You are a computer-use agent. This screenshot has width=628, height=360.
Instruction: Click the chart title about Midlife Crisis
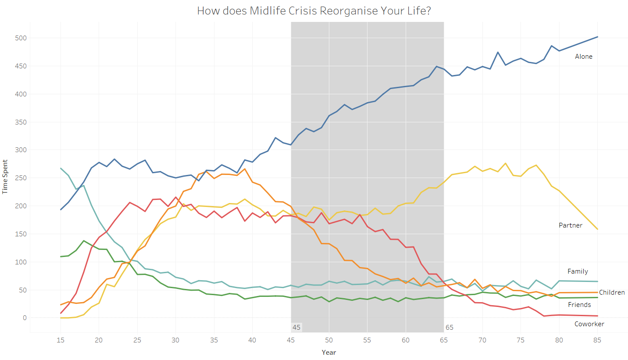click(314, 11)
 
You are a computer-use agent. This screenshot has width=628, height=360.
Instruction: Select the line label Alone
click(583, 57)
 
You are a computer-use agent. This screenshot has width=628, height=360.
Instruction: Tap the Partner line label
click(570, 225)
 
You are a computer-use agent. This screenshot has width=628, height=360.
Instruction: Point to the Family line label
click(578, 271)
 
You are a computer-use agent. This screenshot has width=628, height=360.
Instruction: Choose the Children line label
click(611, 292)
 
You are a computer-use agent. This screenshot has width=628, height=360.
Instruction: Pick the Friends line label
click(579, 305)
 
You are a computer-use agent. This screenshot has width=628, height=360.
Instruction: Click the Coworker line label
click(589, 324)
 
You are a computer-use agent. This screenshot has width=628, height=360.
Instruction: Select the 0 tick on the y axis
click(25, 318)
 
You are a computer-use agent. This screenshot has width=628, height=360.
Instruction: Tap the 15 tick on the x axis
click(61, 340)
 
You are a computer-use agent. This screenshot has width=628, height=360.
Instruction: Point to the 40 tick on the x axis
click(252, 340)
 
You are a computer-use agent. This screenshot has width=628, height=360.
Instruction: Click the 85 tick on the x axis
click(597, 340)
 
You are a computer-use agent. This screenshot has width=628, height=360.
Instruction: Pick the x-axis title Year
click(328, 352)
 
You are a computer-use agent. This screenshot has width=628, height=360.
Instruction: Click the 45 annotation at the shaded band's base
click(296, 328)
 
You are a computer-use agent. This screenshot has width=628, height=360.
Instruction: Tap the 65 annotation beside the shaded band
click(449, 328)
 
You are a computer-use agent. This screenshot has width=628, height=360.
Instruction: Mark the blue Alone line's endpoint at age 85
click(597, 37)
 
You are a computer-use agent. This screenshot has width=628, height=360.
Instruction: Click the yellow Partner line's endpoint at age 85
click(597, 229)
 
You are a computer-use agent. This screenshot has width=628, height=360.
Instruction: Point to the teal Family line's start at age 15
click(61, 168)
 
